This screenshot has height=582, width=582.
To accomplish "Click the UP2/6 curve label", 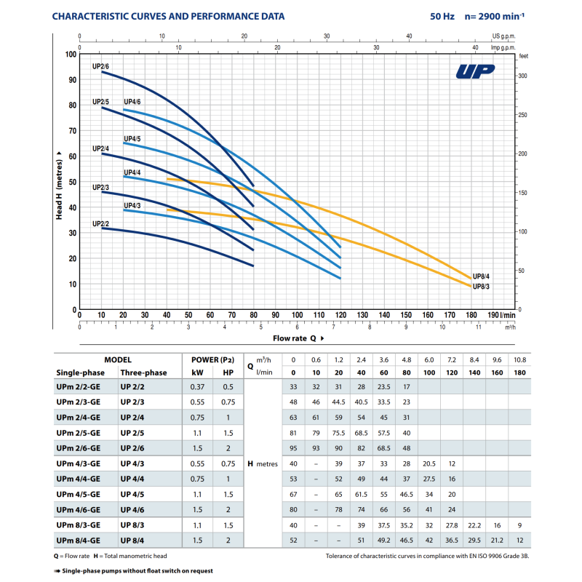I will point(100,67).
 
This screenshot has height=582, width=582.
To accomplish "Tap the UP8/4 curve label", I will point(482,276).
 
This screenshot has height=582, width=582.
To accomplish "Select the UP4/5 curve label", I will point(132,138).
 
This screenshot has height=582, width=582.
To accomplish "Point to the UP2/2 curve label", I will point(100,223).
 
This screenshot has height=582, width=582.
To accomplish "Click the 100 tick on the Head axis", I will point(71,55).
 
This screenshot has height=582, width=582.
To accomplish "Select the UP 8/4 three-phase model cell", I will point(133,541).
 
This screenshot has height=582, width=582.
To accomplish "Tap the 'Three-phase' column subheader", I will point(143,372).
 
